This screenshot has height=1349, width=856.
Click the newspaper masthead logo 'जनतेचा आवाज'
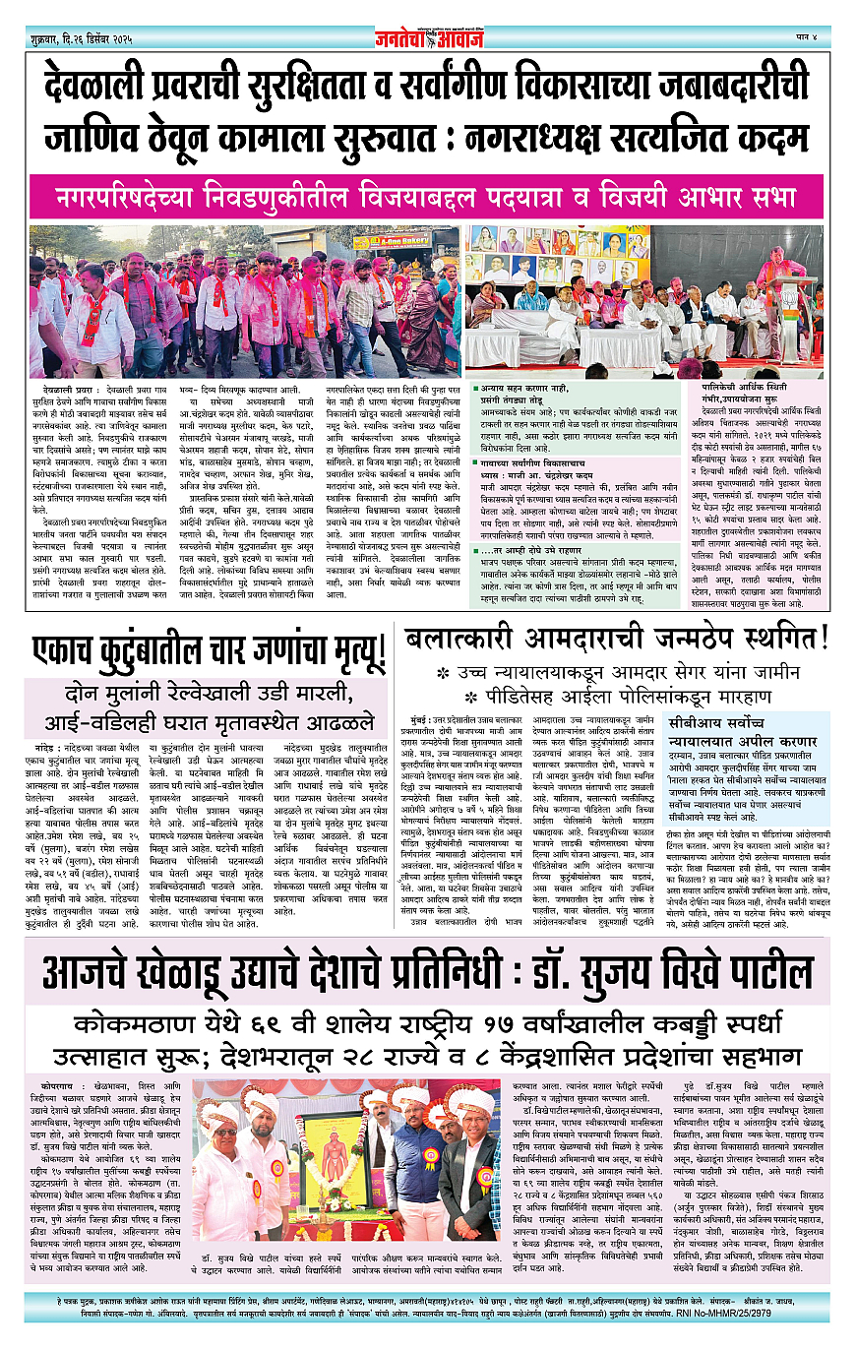coord(428,38)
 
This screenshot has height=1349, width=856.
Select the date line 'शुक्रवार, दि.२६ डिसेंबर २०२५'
coord(88,39)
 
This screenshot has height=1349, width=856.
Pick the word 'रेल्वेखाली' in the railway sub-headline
coord(191,690)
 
